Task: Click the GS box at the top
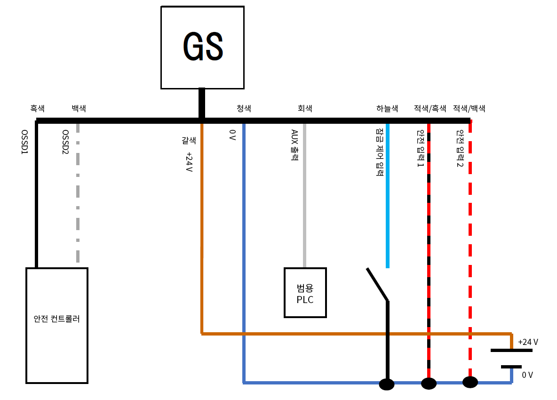tap(202, 47)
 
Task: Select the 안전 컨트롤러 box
tap(57, 325)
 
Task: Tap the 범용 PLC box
tap(305, 292)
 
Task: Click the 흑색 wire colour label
tap(37, 108)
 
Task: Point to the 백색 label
tap(79, 108)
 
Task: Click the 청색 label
tap(244, 108)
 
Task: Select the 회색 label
tap(305, 108)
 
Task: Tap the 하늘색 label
tap(387, 108)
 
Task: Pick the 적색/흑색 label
tap(430, 108)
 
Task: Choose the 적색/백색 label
tap(469, 108)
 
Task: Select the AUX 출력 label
tap(294, 145)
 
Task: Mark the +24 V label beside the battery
tap(528, 342)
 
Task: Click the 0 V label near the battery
tap(527, 375)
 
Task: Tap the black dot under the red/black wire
tap(429, 384)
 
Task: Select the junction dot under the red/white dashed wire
tap(470, 382)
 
